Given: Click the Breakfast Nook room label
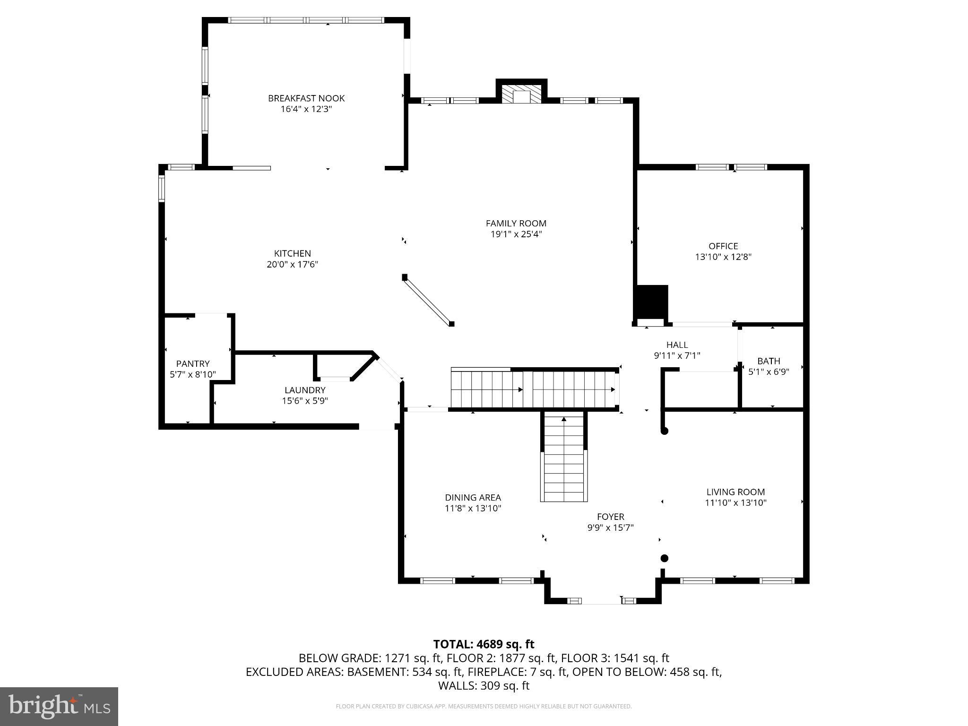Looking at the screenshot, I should [306, 98].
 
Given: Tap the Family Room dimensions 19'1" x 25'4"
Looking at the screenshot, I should [516, 234].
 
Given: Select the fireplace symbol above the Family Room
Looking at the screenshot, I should [521, 94].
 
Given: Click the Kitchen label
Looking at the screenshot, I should [293, 253].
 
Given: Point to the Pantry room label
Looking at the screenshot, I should [193, 363].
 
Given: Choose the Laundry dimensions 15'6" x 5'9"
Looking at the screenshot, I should [305, 401].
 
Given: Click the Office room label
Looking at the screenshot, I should [723, 246].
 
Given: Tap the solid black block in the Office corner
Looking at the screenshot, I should [653, 302].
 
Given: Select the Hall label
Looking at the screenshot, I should [677, 345].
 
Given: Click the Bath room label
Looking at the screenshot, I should [769, 361].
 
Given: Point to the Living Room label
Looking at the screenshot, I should [735, 492].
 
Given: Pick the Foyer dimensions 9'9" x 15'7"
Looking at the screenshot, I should [610, 527].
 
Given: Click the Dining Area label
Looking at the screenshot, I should [473, 497].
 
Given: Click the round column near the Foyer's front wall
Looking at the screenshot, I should [664, 558].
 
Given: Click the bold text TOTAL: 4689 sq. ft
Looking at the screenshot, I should [484, 644].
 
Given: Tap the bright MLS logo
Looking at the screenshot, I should [59, 706].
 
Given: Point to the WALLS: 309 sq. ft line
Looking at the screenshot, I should [484, 686].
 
